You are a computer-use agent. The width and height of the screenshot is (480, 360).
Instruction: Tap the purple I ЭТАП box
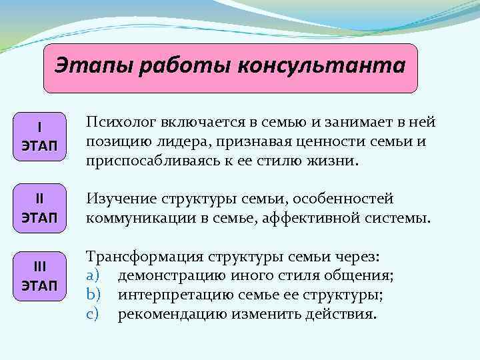pyautogui.click(x=39, y=136)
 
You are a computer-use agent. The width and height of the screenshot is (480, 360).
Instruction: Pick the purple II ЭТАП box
pyautogui.click(x=39, y=208)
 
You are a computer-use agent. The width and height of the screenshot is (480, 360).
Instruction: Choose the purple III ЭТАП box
pyautogui.click(x=39, y=276)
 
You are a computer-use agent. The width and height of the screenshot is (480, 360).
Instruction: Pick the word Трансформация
pyautogui.click(x=141, y=257)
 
